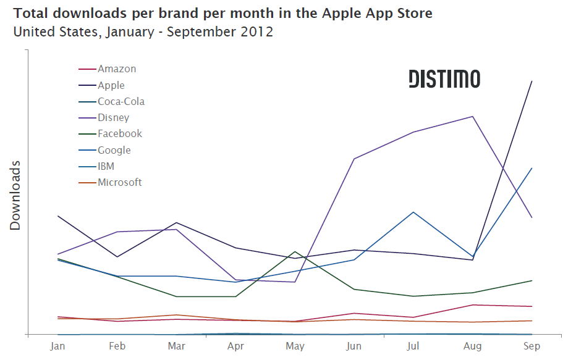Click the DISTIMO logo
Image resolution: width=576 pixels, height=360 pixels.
coord(444,79)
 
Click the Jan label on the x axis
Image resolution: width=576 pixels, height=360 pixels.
coord(57,346)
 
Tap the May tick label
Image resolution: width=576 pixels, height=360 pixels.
coord(295,346)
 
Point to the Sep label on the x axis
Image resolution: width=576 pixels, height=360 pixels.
coord(532,346)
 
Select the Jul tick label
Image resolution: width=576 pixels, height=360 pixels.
coord(413,346)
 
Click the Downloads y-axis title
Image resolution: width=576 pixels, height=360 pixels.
coord(15,195)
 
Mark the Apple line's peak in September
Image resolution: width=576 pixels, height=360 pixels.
coord(532,81)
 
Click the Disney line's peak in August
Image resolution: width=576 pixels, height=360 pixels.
coord(473,116)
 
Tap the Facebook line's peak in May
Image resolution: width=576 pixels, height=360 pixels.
coord(295,251)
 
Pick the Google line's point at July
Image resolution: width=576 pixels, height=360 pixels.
coord(413,212)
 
